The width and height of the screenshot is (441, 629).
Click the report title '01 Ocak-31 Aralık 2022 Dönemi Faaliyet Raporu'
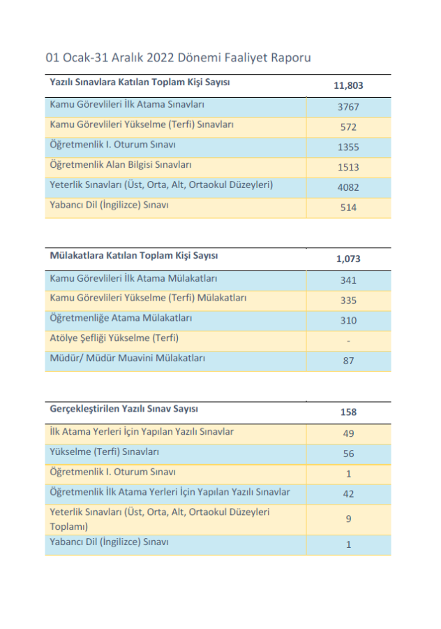click(178, 58)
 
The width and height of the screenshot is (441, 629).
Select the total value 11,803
click(349, 86)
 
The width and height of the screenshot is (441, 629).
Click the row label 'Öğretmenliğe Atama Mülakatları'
click(121, 318)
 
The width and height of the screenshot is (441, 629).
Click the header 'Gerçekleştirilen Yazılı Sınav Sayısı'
click(128, 409)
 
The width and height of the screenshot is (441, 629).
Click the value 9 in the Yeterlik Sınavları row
click(348, 519)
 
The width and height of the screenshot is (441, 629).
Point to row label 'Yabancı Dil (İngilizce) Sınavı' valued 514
click(110, 205)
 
